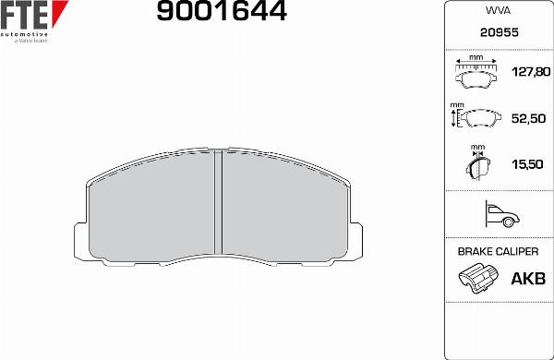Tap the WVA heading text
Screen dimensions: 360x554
coord(498,12)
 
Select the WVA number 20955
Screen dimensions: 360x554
coord(498,30)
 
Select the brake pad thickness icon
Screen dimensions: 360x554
coord(477,164)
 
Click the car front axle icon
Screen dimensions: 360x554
coord(499,215)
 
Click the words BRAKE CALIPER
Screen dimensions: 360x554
coord(498,251)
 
